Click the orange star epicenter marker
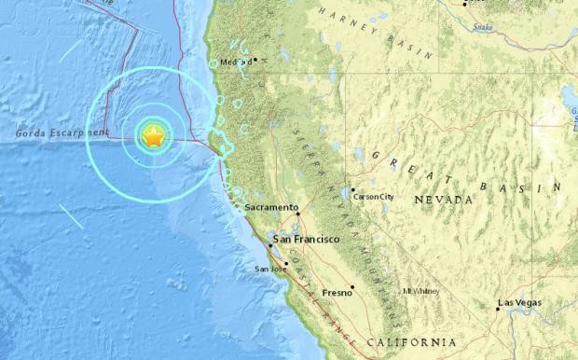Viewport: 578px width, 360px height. (x=153, y=137)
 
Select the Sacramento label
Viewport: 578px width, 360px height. (x=270, y=206)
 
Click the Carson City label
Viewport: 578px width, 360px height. (x=375, y=197)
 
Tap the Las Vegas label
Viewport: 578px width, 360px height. (x=519, y=304)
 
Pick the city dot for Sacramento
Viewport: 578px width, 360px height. (x=297, y=213)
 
